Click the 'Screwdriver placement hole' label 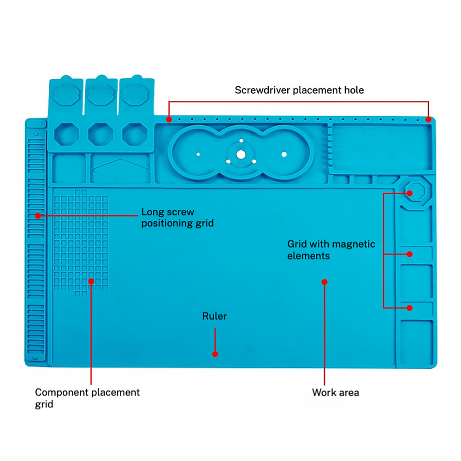(299, 90)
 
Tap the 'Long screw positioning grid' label (177, 217)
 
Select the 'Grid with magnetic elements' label (331, 249)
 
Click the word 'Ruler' (215, 316)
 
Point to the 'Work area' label (336, 392)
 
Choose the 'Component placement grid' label (87, 398)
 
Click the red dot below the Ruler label (215, 354)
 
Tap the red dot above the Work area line (324, 282)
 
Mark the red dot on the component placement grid (91, 281)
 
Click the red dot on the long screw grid (38, 216)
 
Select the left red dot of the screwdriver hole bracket (169, 119)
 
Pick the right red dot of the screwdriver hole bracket (428, 119)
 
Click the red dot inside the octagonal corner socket (409, 193)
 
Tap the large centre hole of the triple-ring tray (241, 154)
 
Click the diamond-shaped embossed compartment (120, 170)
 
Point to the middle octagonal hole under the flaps (100, 134)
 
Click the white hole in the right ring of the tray (284, 154)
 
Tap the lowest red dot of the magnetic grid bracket (409, 308)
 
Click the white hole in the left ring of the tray (198, 154)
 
